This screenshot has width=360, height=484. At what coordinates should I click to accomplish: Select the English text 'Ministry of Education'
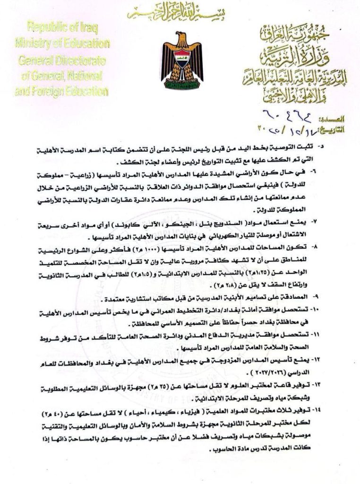pos(62,44)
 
